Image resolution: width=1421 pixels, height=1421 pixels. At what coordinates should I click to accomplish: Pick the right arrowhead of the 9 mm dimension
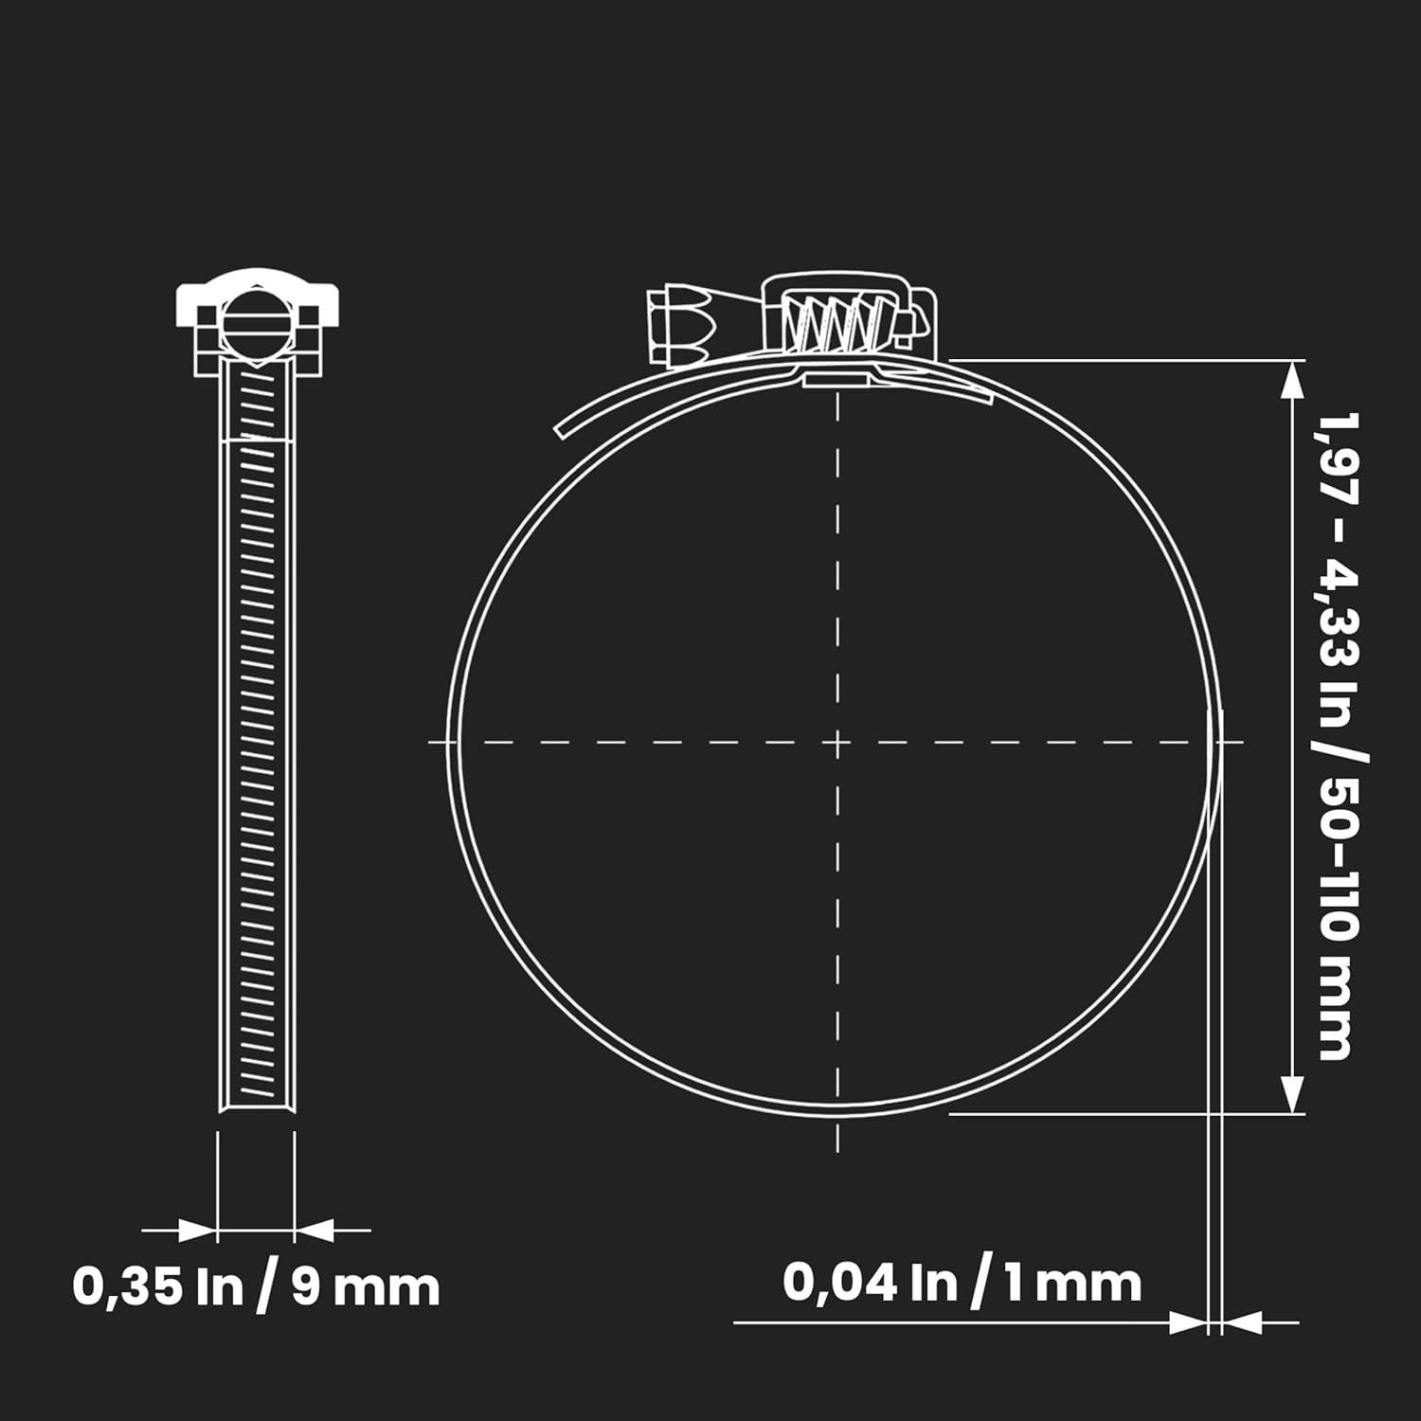tap(315, 1232)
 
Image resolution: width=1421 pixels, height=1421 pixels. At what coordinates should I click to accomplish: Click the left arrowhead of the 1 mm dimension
tap(1188, 1322)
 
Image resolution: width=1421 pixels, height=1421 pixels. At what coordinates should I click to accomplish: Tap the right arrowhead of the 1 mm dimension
tap(1243, 1322)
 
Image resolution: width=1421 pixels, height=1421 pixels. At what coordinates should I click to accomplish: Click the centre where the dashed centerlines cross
tap(837, 742)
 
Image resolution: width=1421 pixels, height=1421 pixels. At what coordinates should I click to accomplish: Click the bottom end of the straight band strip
tap(256, 1104)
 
